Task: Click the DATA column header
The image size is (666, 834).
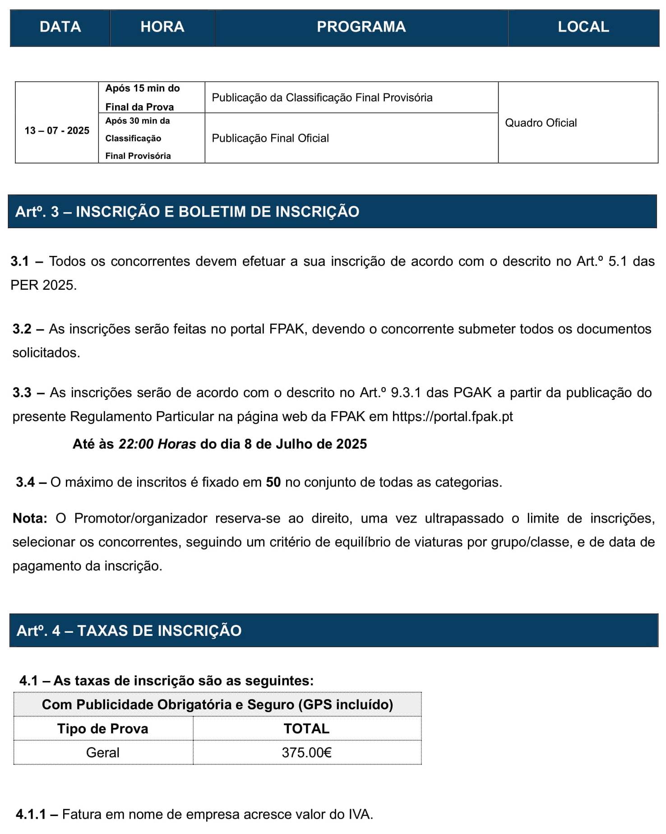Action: [60, 27]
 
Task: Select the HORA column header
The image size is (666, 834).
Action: [162, 27]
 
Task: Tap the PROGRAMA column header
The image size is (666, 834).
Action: [361, 27]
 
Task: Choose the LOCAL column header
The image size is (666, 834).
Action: [583, 27]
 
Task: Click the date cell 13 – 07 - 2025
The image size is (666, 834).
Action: [57, 131]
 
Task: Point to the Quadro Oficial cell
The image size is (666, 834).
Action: [541, 123]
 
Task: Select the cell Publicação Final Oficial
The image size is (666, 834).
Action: [270, 138]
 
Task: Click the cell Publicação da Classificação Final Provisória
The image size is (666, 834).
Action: [322, 97]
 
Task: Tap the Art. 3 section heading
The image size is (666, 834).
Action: [187, 212]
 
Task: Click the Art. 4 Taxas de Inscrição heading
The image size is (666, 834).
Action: [129, 630]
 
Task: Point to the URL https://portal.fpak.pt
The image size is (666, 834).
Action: [452, 416]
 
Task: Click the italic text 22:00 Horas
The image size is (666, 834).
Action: [157, 444]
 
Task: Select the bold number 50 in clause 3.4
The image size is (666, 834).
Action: [273, 482]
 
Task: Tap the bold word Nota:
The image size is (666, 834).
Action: [30, 518]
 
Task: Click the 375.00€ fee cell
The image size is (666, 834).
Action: [306, 752]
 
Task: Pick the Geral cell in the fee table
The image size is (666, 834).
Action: [103, 752]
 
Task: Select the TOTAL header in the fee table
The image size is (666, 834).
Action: [306, 728]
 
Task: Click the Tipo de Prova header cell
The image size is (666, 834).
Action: [103, 728]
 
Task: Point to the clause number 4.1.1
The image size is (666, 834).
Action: [31, 814]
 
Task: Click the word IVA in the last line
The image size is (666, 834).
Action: [359, 814]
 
